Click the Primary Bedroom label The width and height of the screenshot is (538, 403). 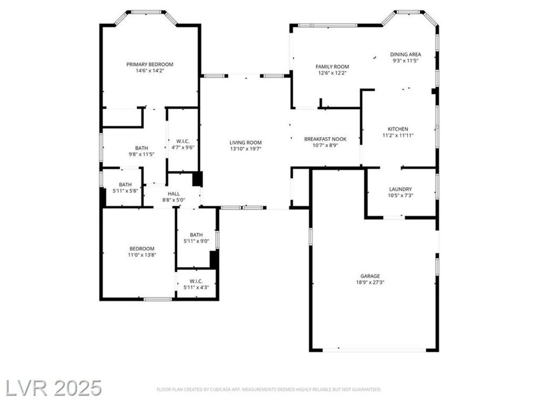pyautogui.click(x=150, y=64)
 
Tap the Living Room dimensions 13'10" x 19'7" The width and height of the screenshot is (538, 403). pyautogui.click(x=245, y=149)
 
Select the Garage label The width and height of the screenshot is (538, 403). pyautogui.click(x=370, y=276)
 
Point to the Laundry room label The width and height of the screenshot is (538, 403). pyautogui.click(x=400, y=189)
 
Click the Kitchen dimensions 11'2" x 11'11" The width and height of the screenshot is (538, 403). pyautogui.click(x=398, y=135)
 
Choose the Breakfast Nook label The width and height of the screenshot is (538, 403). pyautogui.click(x=325, y=139)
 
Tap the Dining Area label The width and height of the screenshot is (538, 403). pyautogui.click(x=405, y=54)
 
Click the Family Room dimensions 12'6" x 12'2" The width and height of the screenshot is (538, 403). pyautogui.click(x=332, y=73)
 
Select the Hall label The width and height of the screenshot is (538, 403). pyautogui.click(x=174, y=194)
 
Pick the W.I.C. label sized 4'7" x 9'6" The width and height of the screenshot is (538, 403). pyautogui.click(x=183, y=141)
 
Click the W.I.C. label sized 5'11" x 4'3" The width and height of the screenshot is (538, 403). pyautogui.click(x=196, y=281)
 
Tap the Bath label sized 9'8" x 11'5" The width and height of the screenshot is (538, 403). pyautogui.click(x=141, y=148)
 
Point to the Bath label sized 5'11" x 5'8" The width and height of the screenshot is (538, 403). pyautogui.click(x=125, y=185)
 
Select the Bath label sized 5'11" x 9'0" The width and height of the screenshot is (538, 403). pyautogui.click(x=196, y=235)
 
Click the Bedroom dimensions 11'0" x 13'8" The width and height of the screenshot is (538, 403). pyautogui.click(x=142, y=255)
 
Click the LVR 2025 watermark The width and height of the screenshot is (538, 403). pyautogui.click(x=53, y=388)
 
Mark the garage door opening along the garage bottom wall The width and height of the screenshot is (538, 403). pyautogui.click(x=374, y=350)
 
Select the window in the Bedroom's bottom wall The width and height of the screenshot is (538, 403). pyautogui.click(x=158, y=299)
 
